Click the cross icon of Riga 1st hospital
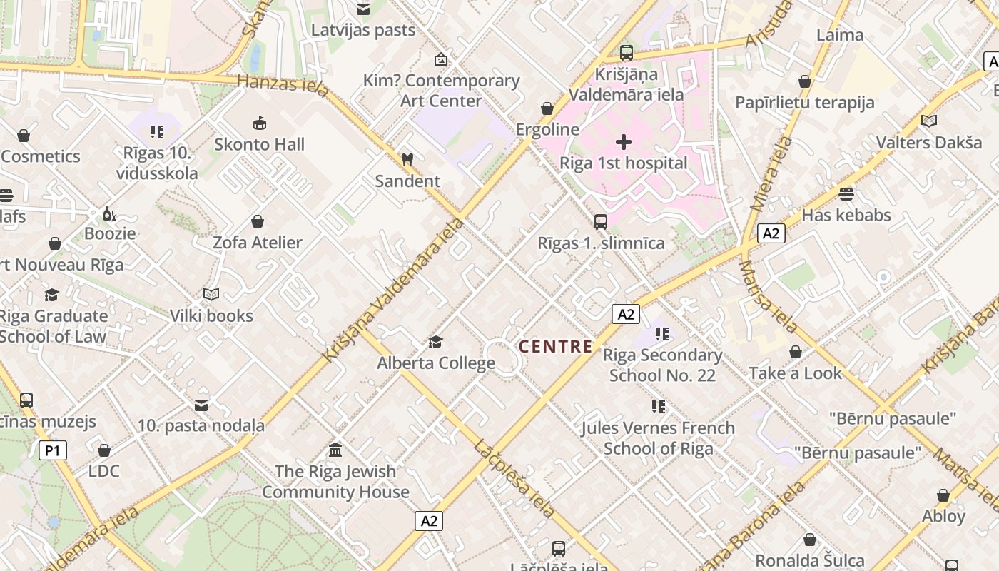[x=624, y=142]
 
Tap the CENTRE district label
[x=555, y=347]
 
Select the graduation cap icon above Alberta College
[x=435, y=343]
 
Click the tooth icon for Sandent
[x=407, y=160]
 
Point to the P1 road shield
[x=52, y=450]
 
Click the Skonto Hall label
[x=260, y=144]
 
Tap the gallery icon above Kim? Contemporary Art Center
[x=441, y=59]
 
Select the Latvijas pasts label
[x=363, y=30]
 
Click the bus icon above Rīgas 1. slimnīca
[x=601, y=222]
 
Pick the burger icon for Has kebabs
[x=846, y=194]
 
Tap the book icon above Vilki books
[x=211, y=294]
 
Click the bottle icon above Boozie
[x=109, y=213]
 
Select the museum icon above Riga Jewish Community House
[x=335, y=450]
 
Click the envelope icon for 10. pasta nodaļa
[x=201, y=405]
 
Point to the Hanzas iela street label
[x=283, y=86]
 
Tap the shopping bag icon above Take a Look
[x=796, y=353]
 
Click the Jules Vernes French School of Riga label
[x=658, y=438]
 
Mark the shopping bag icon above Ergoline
[x=547, y=109]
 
